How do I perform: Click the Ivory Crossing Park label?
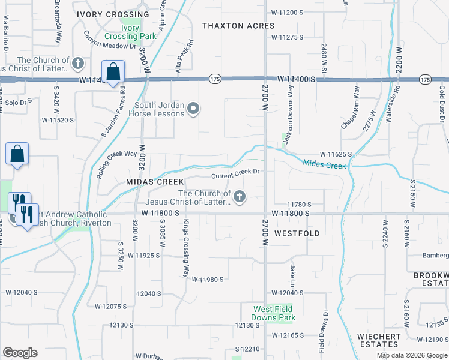point(130,32)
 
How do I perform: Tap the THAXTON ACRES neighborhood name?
point(238,26)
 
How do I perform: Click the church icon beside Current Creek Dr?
point(240,197)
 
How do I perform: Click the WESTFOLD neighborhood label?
point(297,233)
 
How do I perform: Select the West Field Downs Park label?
point(274,313)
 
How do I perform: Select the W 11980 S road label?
point(208,279)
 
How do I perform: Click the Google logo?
point(20,353)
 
